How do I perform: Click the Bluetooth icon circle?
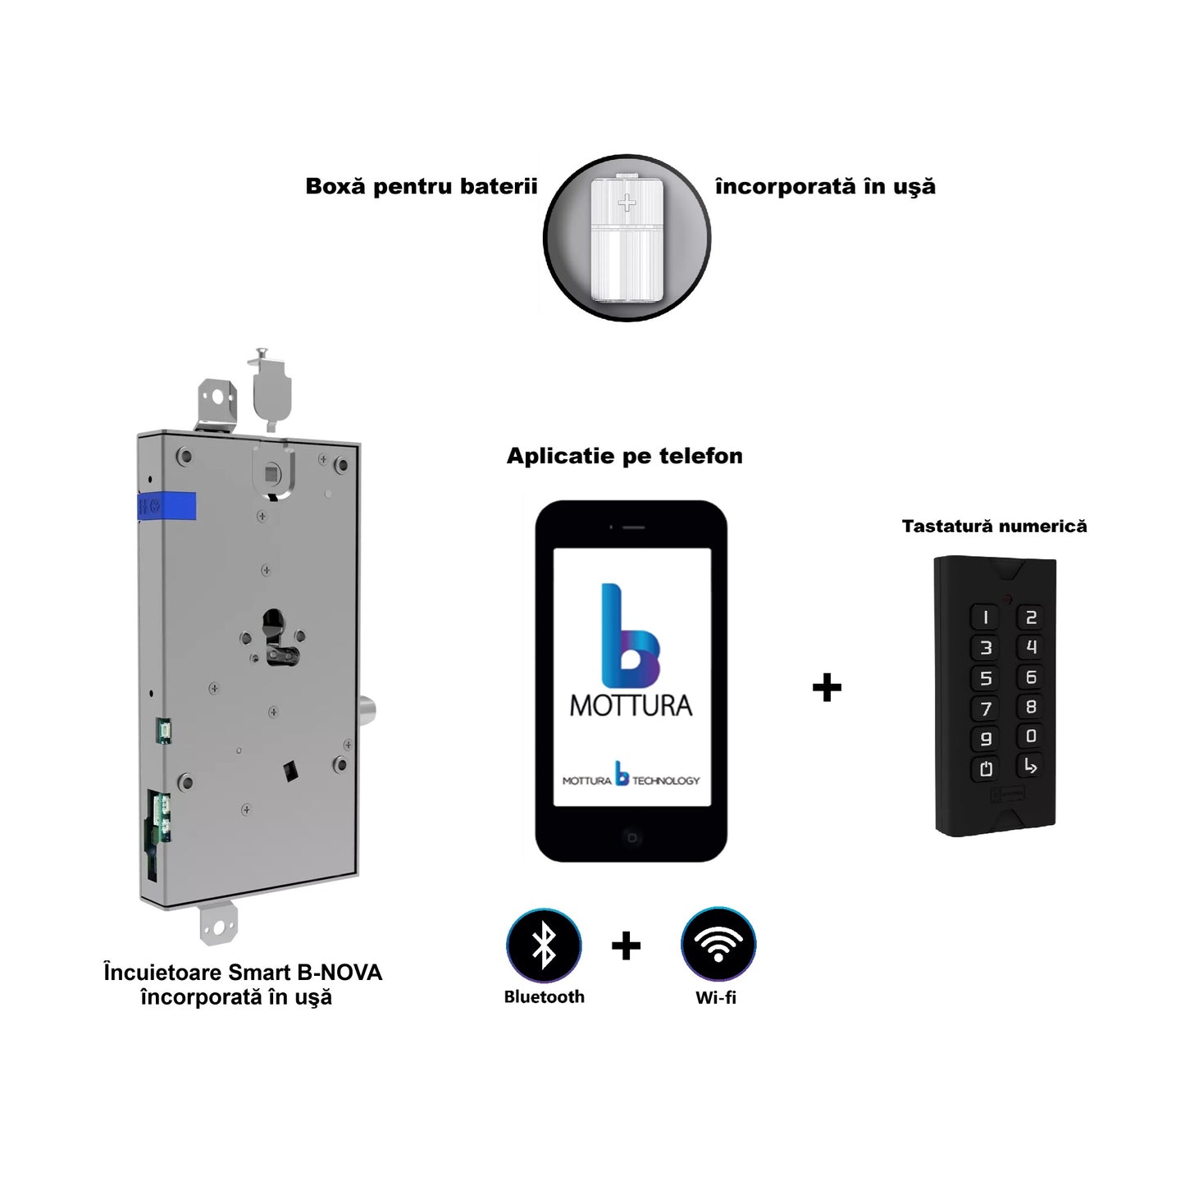coord(544,946)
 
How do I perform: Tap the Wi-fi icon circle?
coord(718,945)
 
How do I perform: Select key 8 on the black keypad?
coord(1031,706)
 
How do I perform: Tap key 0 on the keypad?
coord(1031,736)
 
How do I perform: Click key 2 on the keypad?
coord(1031,617)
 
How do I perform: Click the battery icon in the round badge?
coord(627,238)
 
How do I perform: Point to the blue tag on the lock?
coord(168,506)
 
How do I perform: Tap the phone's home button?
coord(631,837)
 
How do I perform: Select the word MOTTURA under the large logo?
coord(631,706)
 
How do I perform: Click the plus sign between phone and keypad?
coord(827,687)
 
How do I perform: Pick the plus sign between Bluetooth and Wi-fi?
coord(626,946)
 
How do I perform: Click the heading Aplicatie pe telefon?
coord(625,456)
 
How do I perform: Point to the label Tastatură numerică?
coord(994,526)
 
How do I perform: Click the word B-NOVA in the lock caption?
coord(340,973)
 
